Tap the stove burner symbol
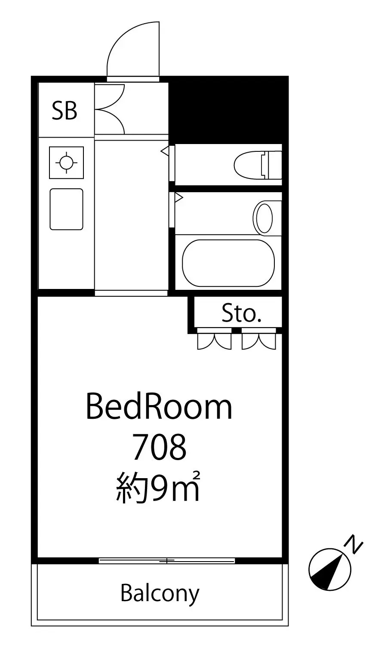point(67,163)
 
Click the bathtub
point(228,263)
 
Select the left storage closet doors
point(214,341)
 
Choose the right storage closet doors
point(259,341)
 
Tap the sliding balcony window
point(167,560)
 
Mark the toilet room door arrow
point(164,150)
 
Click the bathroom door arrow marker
point(179,198)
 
